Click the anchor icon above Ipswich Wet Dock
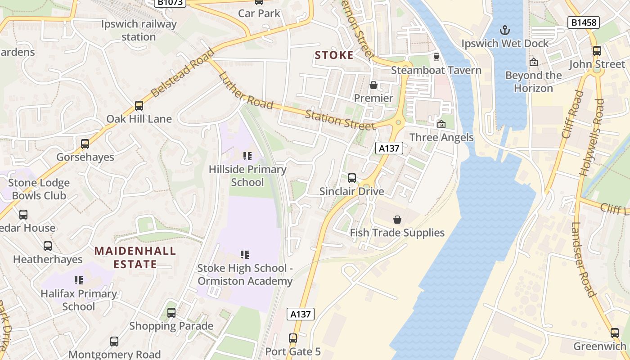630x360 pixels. (505, 31)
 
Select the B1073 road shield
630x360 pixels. (170, 2)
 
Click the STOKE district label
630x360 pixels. (334, 55)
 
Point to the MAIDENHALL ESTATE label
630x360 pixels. (135, 257)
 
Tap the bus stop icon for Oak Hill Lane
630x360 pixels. (139, 106)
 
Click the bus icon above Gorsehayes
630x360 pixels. (85, 144)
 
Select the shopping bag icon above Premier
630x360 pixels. (373, 85)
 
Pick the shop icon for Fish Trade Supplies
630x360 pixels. (397, 220)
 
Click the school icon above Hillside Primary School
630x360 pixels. (247, 156)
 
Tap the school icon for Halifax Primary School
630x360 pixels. (79, 280)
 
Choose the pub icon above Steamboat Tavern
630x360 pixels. (436, 57)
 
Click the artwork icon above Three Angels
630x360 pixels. (441, 124)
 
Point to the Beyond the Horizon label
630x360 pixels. (533, 81)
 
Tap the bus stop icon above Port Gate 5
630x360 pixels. (293, 338)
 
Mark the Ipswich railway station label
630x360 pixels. (139, 30)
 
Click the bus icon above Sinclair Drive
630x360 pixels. (352, 178)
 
